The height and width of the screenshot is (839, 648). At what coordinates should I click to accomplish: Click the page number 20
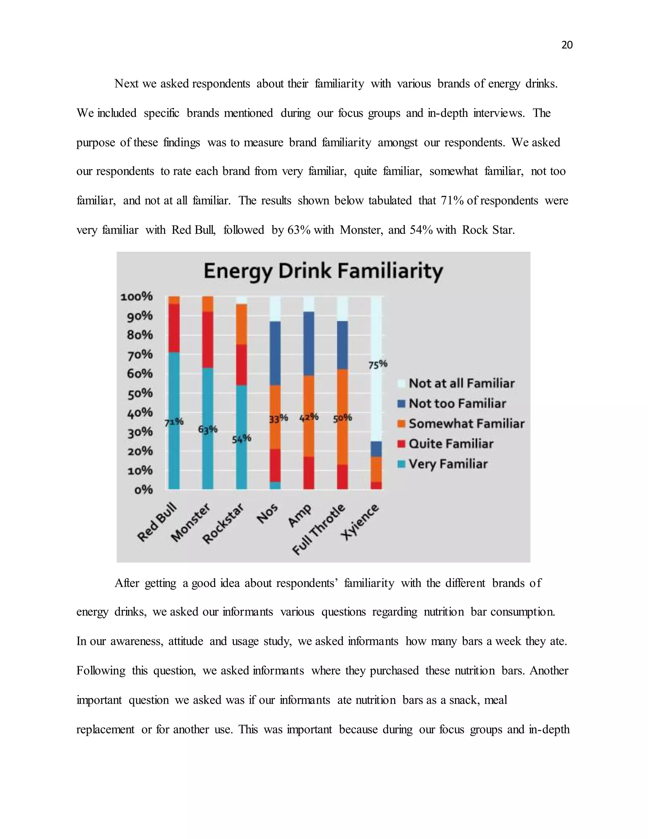[567, 45]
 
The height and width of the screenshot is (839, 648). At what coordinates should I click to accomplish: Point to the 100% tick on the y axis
[137, 297]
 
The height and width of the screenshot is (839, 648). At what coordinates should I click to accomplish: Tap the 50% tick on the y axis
[140, 393]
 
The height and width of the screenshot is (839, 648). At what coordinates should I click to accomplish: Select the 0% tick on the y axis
[143, 490]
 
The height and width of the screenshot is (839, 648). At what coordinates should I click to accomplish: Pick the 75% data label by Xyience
[378, 364]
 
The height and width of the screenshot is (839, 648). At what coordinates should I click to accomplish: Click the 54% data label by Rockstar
[241, 439]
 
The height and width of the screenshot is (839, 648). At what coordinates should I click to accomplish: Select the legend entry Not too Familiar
[457, 403]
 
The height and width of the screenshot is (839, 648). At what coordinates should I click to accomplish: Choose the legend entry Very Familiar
[448, 464]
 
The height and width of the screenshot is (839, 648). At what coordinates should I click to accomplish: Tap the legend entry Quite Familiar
[451, 444]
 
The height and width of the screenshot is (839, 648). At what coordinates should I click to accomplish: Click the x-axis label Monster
[191, 522]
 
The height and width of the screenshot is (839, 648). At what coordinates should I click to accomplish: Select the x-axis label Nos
[267, 514]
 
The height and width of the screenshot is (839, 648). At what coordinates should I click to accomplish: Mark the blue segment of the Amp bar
[308, 344]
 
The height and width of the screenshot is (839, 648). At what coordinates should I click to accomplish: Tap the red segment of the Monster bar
[208, 340]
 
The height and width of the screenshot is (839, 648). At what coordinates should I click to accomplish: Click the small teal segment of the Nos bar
[275, 486]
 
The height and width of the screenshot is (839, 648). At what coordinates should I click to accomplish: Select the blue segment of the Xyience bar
[377, 449]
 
